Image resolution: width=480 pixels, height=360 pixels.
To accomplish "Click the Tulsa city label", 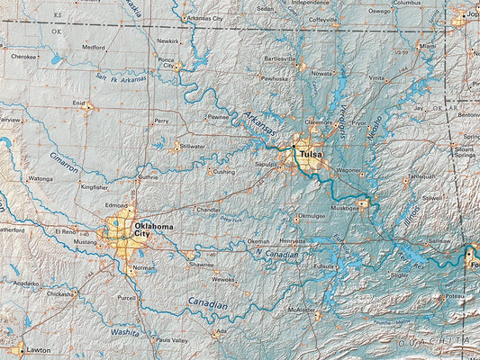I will (311, 155).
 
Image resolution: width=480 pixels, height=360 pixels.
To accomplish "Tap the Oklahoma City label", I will (153, 231).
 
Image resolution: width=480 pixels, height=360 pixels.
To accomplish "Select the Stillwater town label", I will (192, 146).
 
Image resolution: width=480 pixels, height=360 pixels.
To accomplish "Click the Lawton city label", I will (38, 349).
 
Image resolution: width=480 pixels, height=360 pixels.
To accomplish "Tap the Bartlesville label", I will (279, 58).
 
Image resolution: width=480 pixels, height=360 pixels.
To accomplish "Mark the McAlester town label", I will (300, 310).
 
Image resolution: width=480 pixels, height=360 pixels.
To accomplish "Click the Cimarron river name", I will (64, 162).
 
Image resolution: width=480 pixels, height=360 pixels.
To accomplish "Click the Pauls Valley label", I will (171, 340).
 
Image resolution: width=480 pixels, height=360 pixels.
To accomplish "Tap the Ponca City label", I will (167, 62).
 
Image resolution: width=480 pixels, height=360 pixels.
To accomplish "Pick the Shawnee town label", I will (201, 265).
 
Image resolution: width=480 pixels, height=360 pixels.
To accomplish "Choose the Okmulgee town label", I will (311, 216).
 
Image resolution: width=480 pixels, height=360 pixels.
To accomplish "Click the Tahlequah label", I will (421, 177).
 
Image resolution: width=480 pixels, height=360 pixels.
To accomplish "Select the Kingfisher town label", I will (94, 187).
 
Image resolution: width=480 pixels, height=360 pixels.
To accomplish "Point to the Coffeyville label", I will (323, 19).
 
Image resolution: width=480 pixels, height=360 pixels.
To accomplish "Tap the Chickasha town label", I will (60, 294).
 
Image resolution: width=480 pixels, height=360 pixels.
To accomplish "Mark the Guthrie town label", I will (148, 177).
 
